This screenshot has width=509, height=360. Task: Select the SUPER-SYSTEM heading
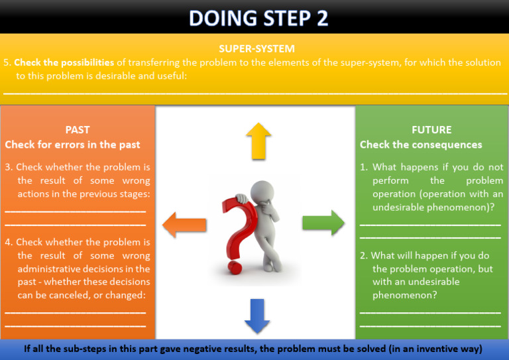click(256, 48)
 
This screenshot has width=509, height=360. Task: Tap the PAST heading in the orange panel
click(78, 130)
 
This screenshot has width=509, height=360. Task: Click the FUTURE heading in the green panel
click(431, 130)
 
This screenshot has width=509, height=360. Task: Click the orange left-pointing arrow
click(184, 223)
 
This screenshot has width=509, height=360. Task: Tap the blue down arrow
click(256, 316)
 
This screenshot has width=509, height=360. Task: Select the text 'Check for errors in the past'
click(73, 145)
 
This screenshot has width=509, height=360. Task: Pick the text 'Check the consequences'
click(421, 145)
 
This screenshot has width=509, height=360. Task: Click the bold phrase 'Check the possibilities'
click(64, 62)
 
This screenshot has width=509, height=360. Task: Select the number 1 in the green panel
click(363, 167)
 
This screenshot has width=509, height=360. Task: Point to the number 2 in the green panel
click(363, 255)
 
